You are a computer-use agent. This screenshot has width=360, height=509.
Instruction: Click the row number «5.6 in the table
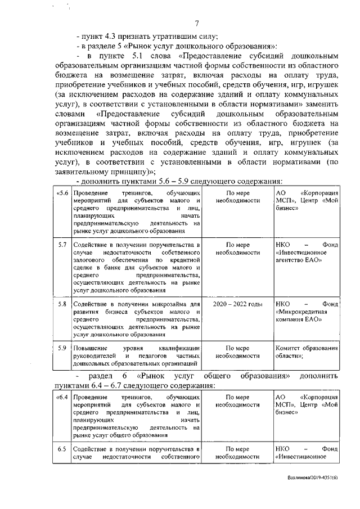(62, 193)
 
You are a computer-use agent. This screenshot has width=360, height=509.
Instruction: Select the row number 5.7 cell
(62, 246)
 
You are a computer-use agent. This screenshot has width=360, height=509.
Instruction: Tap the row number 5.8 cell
(62, 304)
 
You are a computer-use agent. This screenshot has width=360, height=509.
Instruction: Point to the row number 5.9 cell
(62, 348)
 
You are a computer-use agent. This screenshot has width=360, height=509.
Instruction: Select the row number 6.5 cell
(62, 449)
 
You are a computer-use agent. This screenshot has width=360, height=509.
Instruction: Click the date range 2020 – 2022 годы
(238, 304)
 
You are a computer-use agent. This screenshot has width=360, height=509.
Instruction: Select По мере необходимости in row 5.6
(238, 197)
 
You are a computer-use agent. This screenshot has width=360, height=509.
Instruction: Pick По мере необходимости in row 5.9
(238, 352)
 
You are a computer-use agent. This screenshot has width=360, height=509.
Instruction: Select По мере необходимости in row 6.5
(238, 453)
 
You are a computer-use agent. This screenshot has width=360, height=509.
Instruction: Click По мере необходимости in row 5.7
(238, 249)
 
